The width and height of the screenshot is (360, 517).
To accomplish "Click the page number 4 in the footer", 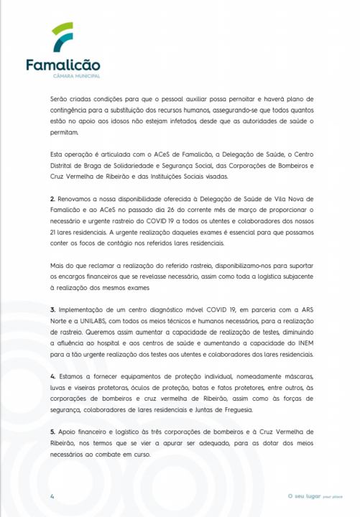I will [52, 496].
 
